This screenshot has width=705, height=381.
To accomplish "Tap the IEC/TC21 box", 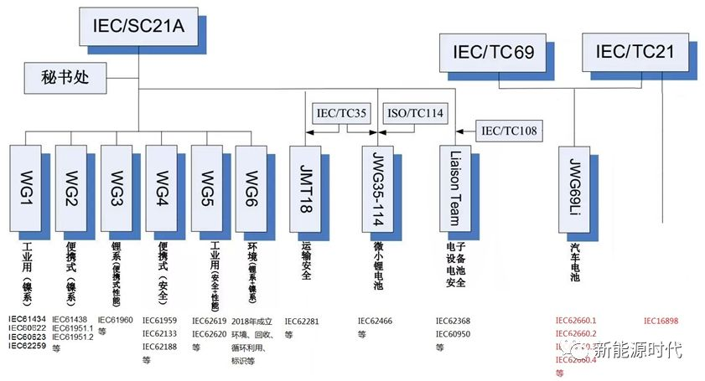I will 635,53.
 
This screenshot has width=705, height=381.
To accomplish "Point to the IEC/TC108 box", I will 508,131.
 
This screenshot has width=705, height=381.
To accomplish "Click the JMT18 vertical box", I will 306,189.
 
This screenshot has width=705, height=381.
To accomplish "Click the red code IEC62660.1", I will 576,320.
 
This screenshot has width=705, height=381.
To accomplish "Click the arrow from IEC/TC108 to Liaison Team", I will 465,131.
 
